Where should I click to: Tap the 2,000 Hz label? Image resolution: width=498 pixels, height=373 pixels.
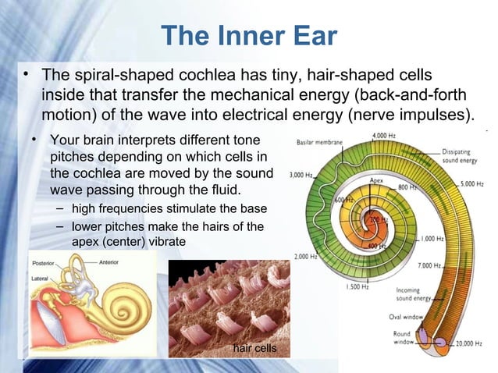point(306,256)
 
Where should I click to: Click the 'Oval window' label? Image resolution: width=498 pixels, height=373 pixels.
point(406,317)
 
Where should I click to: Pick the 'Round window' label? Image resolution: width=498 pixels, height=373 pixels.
point(404,337)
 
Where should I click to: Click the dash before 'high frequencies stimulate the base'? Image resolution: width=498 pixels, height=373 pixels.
point(61,210)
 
